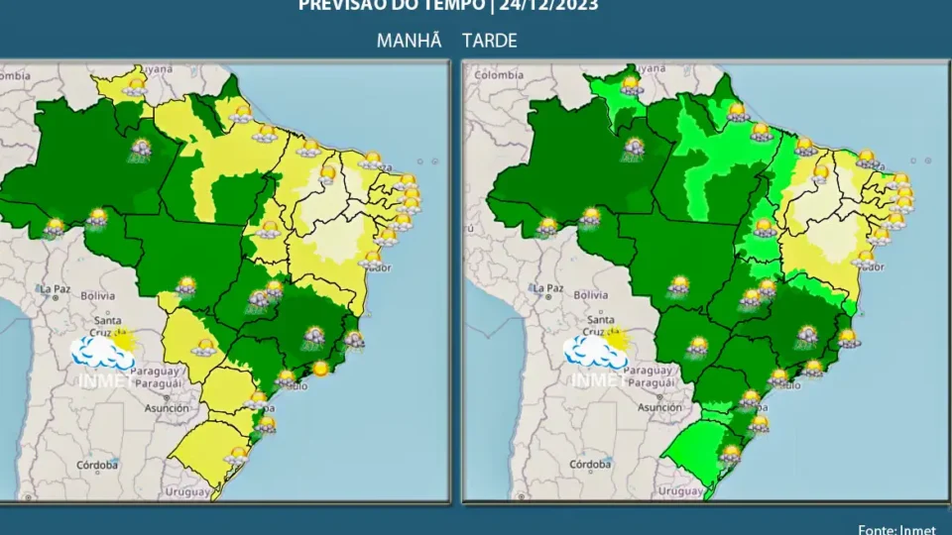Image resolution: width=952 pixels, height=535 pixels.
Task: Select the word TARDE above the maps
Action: pyautogui.click(x=489, y=41)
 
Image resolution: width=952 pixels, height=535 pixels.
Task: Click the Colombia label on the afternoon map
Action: pyautogui.click(x=499, y=74)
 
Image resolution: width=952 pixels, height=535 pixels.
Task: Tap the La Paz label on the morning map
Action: pyautogui.click(x=55, y=289)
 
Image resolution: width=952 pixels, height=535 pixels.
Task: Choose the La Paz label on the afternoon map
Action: pyautogui.click(x=549, y=289)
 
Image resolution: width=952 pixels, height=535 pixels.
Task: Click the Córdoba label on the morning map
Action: pyautogui.click(x=98, y=465)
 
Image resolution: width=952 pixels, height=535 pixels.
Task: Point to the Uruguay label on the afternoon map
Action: pyautogui.click(x=680, y=491)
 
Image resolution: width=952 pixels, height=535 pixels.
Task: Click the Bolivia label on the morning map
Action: pyautogui.click(x=98, y=295)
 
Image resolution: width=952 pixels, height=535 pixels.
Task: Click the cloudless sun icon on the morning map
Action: pyautogui.click(x=320, y=369)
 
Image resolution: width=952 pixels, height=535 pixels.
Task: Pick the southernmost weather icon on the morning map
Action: pyautogui.click(x=236, y=455)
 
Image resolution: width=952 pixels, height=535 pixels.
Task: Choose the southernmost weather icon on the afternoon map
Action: pyautogui.click(x=731, y=454)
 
